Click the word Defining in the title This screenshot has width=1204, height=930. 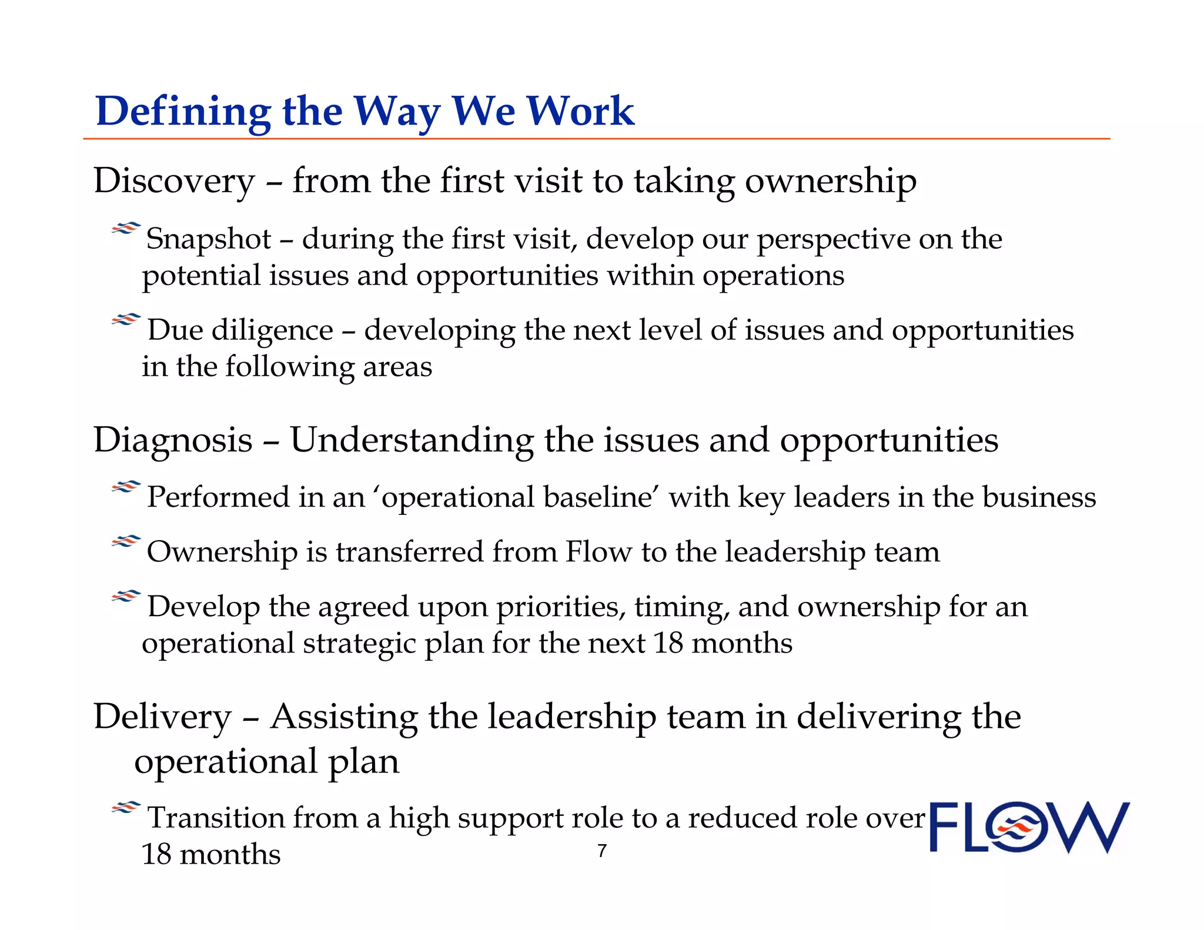pyautogui.click(x=183, y=112)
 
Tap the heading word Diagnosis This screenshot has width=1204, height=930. pyautogui.click(x=173, y=440)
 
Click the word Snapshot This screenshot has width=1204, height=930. pyautogui.click(x=209, y=239)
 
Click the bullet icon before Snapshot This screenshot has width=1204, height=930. pyautogui.click(x=126, y=228)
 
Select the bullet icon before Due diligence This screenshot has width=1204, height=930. pyautogui.click(x=126, y=320)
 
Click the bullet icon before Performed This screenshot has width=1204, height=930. pyautogui.click(x=126, y=487)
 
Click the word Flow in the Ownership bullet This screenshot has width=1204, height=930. pyautogui.click(x=598, y=552)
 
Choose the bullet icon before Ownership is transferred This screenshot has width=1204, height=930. pyautogui.click(x=126, y=541)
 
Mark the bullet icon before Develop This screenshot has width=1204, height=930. pyautogui.click(x=126, y=597)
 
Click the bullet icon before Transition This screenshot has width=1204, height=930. pyautogui.click(x=126, y=808)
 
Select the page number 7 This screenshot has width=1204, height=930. pyautogui.click(x=602, y=851)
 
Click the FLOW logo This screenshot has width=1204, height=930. pyautogui.click(x=1029, y=827)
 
